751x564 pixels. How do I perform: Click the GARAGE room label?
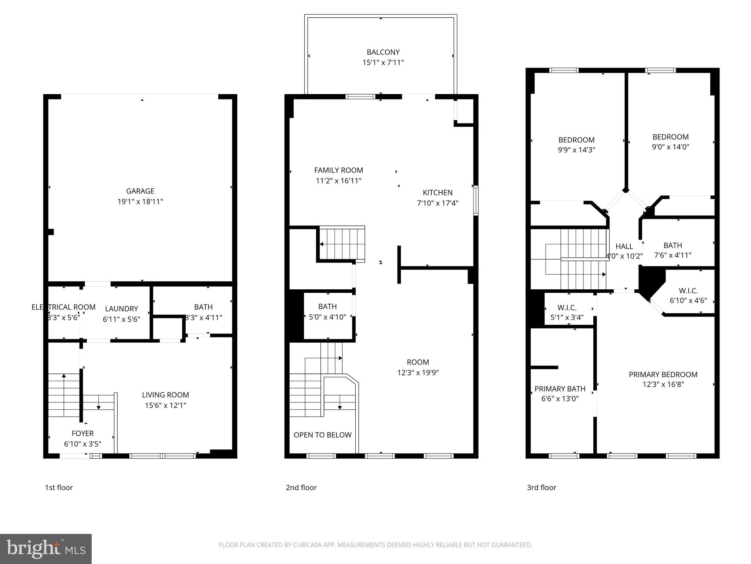[140, 191]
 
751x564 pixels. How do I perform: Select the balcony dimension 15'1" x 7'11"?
[383, 63]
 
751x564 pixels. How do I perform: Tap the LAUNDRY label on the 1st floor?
[121, 309]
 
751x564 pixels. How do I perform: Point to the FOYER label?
[83, 433]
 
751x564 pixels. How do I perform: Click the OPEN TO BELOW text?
[322, 435]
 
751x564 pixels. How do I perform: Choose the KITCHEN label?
[437, 192]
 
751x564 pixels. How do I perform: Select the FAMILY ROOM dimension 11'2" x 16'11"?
[338, 181]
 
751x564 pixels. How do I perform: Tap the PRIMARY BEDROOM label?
[663, 375]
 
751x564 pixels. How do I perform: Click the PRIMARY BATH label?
[560, 389]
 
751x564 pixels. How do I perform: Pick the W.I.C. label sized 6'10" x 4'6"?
[688, 291]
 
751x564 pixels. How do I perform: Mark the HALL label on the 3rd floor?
[624, 246]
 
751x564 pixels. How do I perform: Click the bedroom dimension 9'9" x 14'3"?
[576, 150]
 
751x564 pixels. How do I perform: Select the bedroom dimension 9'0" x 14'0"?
[670, 147]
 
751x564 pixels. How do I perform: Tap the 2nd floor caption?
[301, 488]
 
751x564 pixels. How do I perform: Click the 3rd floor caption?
[541, 488]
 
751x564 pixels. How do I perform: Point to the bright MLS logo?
[46, 549]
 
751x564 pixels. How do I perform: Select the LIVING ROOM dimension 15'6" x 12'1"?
[165, 405]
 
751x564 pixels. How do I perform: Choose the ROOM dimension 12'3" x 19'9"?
[418, 373]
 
